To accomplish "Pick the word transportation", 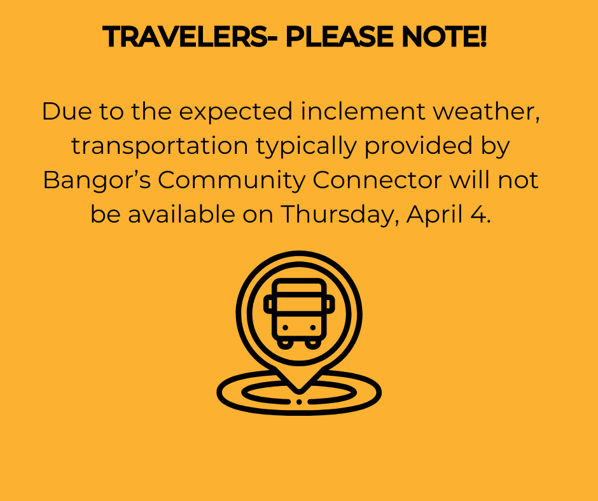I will (159, 146).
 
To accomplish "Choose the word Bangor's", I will (95, 181).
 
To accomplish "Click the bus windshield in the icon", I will (299, 303).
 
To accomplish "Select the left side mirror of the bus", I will (268, 305).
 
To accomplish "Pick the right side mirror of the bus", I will (330, 305).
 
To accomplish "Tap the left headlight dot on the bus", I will (285, 327).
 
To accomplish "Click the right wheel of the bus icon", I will (312, 343).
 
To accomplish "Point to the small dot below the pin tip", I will (299, 402).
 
